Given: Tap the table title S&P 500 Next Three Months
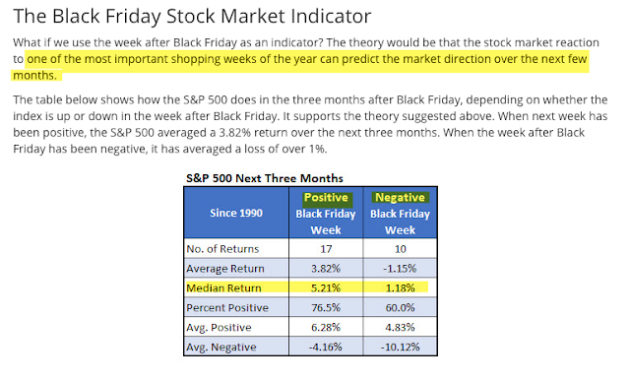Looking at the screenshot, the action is pos(265,178).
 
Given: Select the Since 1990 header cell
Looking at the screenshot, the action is pos(236,213).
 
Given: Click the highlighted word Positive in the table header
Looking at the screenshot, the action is pos(326,197).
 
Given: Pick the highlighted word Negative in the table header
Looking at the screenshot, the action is pos(401,197).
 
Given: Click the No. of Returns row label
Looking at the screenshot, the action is pos(222,249).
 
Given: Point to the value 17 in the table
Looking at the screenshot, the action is pos(326,249).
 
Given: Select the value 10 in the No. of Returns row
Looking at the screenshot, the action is pos(401,249).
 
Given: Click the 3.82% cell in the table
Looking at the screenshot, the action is pos(326,269).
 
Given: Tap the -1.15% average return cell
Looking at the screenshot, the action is pos(401,269).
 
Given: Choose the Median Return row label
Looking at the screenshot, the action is pos(223,288).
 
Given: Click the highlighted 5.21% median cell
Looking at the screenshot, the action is pos(326,288).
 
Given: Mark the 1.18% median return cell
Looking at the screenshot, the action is pos(401,288).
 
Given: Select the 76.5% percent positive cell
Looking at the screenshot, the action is pos(326,308).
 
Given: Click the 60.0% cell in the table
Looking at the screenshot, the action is pos(401,308).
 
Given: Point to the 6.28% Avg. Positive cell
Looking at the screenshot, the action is pos(326,328).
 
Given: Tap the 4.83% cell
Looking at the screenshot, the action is pos(401,328).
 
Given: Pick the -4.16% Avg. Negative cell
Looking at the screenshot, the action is pos(326,347).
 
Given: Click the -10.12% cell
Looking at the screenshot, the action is pos(401,347).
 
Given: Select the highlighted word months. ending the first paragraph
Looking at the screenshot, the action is pos(35,76).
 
